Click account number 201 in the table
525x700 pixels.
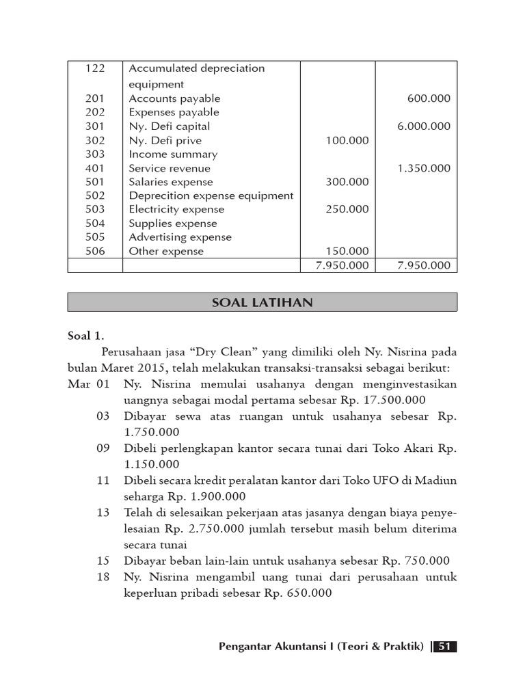(94, 98)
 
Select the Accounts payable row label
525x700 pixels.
(174, 98)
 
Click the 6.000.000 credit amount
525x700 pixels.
(424, 126)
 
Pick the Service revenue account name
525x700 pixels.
(170, 168)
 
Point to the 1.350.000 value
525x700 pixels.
(424, 168)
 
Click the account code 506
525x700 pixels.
(94, 252)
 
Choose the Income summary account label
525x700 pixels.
(173, 154)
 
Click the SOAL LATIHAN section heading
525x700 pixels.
(262, 302)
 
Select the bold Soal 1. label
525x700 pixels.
(87, 336)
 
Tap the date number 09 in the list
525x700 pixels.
(103, 448)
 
